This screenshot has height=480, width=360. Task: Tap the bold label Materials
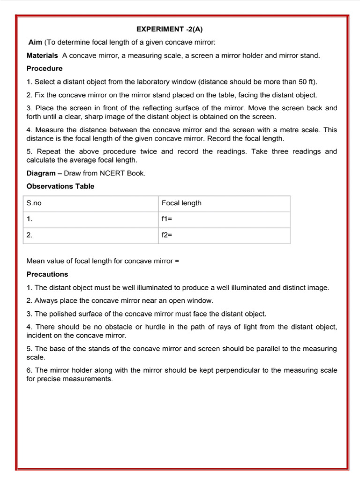(x=42, y=55)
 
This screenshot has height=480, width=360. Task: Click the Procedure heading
(x=44, y=68)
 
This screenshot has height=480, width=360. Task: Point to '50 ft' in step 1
(x=307, y=82)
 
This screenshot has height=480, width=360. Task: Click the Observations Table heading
(x=60, y=186)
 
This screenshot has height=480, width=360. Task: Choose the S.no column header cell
(x=34, y=203)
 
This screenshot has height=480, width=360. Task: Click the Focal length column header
(x=181, y=203)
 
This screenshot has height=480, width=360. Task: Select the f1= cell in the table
(x=167, y=219)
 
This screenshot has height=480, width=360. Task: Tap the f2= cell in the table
(x=167, y=235)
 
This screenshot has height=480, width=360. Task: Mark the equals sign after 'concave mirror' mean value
(x=177, y=261)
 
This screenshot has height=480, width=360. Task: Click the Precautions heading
(x=47, y=274)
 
